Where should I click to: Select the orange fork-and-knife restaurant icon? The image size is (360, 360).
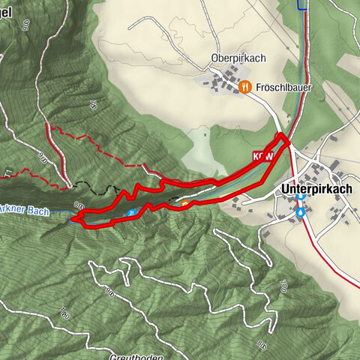tap(244, 87)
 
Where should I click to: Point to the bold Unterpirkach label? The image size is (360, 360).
tap(316, 190)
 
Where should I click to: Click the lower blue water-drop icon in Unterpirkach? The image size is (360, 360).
tap(301, 213)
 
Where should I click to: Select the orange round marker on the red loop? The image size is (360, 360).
tap(184, 202)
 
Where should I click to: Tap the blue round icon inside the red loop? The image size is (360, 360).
tap(131, 212)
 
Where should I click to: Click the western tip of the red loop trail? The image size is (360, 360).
tap(73, 219)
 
